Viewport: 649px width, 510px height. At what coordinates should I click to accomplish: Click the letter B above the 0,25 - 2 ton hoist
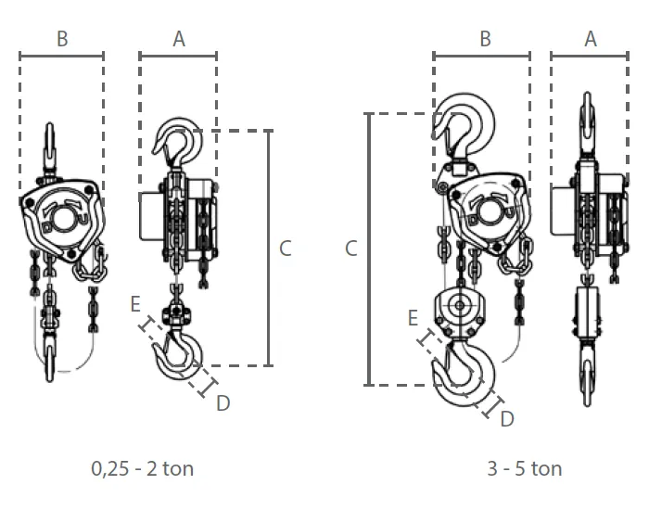click(x=62, y=39)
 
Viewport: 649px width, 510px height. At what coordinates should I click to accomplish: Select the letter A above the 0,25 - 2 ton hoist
click(x=179, y=39)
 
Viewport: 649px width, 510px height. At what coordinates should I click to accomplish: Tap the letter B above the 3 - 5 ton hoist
click(x=486, y=39)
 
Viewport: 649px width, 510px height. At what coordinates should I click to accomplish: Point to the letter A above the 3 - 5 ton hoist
click(x=591, y=39)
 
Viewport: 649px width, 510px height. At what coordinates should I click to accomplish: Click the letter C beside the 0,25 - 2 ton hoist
click(x=286, y=249)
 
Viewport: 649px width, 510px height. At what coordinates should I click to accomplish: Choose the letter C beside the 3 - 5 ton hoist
click(x=351, y=249)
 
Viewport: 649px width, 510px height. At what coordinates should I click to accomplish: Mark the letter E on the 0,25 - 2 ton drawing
click(x=135, y=304)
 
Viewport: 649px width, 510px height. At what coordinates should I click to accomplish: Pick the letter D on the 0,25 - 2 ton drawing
click(x=223, y=403)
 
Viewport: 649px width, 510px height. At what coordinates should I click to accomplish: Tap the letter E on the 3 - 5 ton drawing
click(x=413, y=318)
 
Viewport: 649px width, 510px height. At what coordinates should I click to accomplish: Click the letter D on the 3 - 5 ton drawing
click(x=507, y=419)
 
